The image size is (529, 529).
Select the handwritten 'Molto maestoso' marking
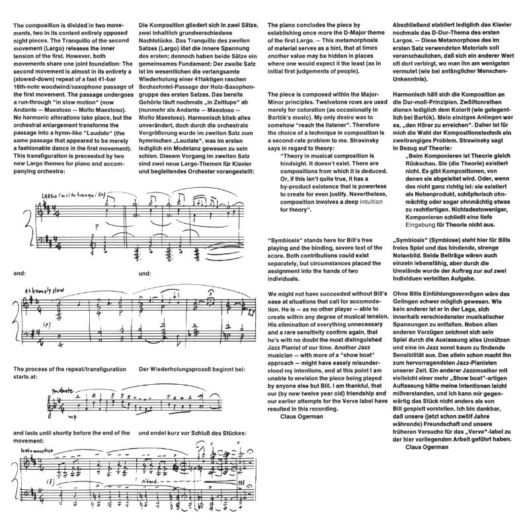[x=38, y=447]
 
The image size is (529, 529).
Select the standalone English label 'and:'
[x=19, y=272]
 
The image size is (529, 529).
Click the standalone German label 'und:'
[x=145, y=272]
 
